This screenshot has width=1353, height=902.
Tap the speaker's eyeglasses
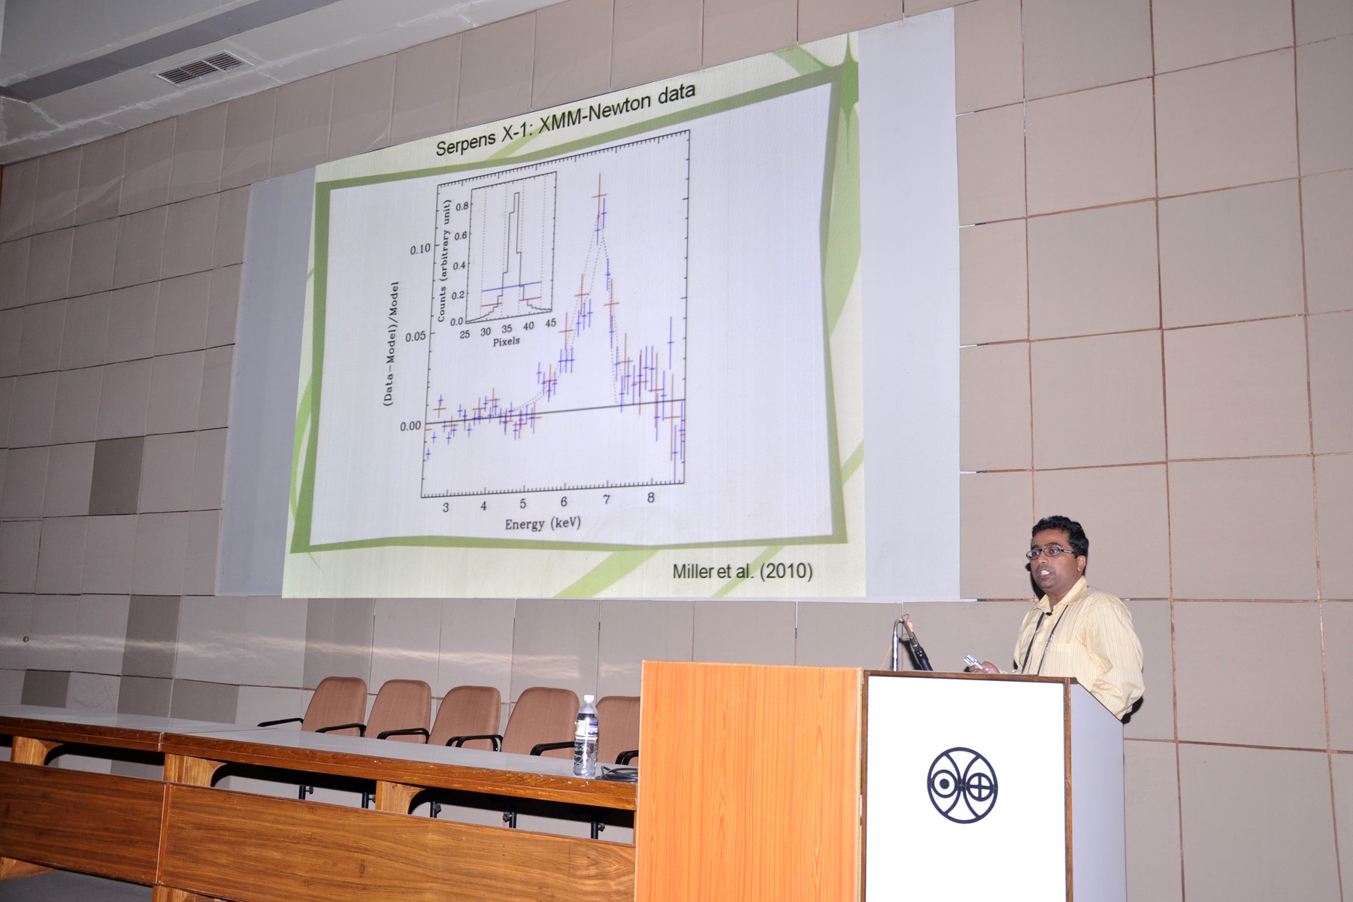(x=1053, y=552)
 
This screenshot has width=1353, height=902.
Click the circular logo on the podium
(x=962, y=785)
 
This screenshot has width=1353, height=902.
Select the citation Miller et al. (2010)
(x=742, y=571)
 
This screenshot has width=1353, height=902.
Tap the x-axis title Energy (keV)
(x=543, y=523)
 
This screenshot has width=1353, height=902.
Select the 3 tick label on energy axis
(x=446, y=507)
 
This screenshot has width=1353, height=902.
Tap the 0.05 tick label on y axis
(x=416, y=335)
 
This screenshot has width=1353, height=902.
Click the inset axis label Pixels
(x=506, y=341)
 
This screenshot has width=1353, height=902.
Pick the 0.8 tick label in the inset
(x=459, y=204)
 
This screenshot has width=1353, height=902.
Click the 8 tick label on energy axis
(x=651, y=498)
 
